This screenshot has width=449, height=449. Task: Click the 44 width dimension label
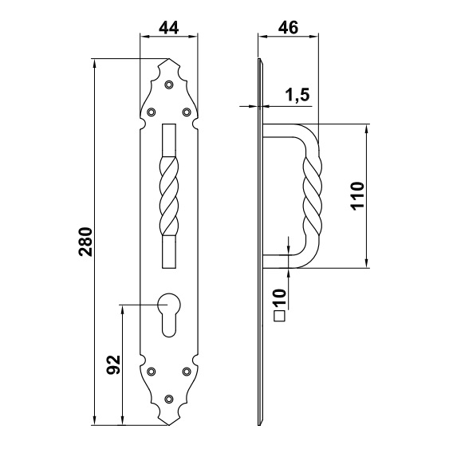click(x=169, y=28)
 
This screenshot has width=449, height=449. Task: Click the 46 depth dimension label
click(x=289, y=27)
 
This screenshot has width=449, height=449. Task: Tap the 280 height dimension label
click(x=86, y=242)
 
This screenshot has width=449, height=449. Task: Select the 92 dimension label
click(x=113, y=364)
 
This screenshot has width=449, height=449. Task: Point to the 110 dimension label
click(x=357, y=196)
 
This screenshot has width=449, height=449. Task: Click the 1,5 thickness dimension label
click(x=297, y=95)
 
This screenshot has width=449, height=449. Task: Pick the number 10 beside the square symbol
click(x=279, y=297)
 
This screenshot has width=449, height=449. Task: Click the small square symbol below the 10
click(x=280, y=316)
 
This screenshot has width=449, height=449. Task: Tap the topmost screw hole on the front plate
click(x=169, y=85)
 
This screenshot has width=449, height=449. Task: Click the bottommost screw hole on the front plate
click(x=169, y=399)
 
